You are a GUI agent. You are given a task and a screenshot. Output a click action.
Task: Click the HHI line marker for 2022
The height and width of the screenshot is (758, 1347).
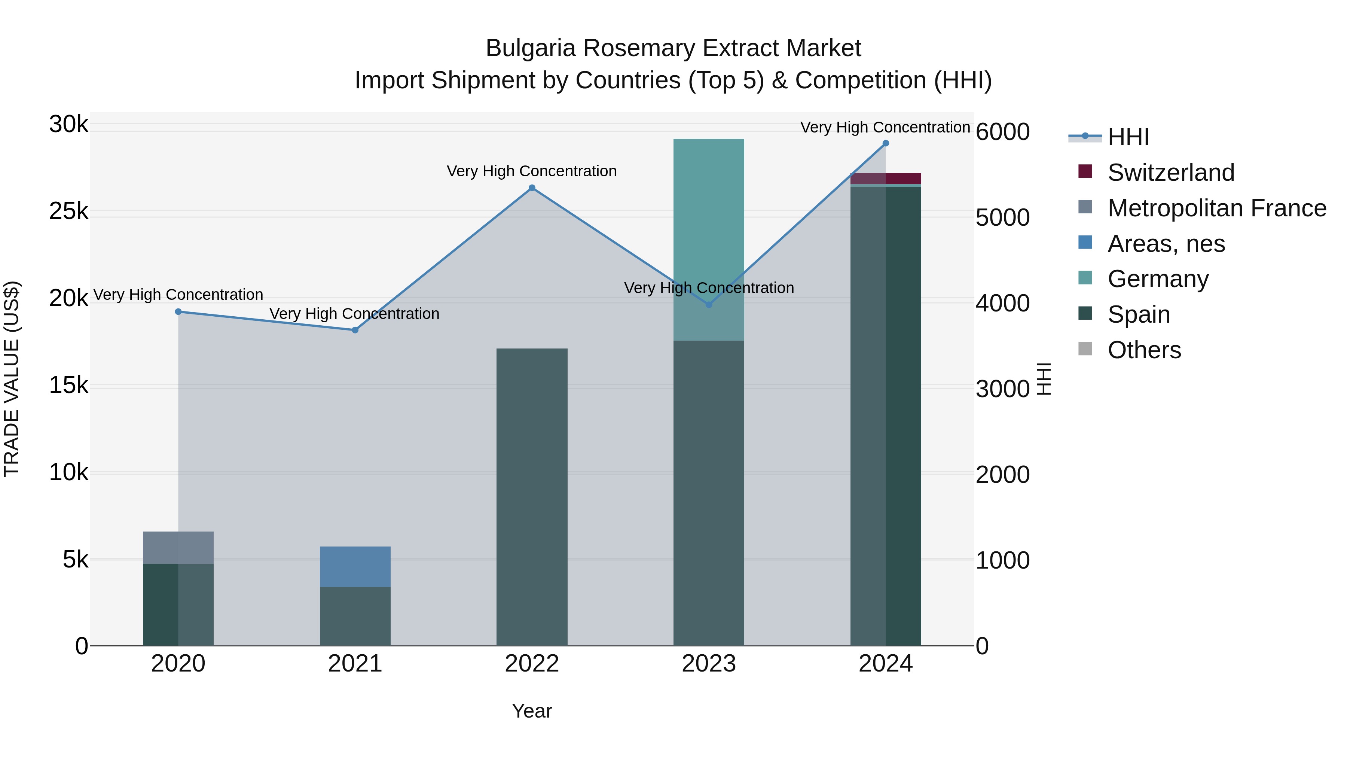point(532,188)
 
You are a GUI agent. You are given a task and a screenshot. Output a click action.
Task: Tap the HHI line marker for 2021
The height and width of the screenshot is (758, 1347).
point(355,330)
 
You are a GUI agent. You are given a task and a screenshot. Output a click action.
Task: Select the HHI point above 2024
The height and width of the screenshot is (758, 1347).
point(886,143)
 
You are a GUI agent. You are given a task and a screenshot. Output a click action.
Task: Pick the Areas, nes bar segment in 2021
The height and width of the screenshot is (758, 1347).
point(355,567)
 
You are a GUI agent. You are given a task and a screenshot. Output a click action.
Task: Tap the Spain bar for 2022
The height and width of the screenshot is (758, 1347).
point(532,497)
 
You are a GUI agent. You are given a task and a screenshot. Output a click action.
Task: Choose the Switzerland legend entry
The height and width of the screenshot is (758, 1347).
point(1171,173)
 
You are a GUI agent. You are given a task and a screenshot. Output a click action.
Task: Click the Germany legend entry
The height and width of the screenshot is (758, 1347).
point(1158,279)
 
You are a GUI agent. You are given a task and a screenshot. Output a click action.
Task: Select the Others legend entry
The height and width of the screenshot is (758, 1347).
point(1144,350)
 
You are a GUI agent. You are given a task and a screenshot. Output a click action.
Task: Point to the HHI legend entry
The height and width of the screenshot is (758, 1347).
point(1128,137)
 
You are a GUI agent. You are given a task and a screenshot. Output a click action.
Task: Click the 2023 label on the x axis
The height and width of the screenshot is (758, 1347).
point(709,664)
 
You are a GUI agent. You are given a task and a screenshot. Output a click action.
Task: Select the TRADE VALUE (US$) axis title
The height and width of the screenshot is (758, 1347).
point(12,379)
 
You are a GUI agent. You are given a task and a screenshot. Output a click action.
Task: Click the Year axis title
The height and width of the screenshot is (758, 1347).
point(532,711)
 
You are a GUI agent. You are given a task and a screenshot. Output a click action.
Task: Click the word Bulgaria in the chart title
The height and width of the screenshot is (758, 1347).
point(530,48)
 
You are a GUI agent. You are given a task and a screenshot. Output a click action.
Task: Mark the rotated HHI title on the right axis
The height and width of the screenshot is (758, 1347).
point(1044,379)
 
